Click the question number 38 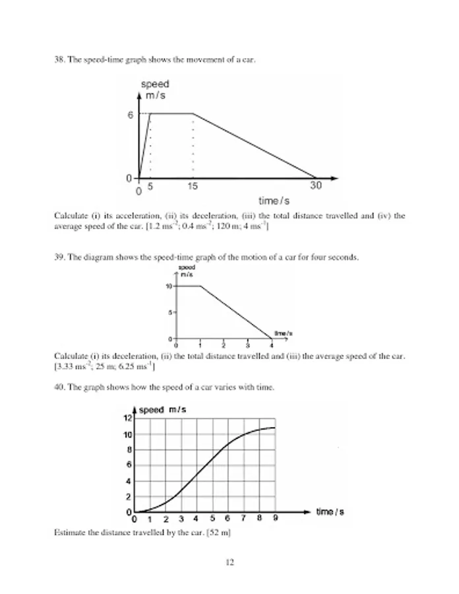tap(58, 61)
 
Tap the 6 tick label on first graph tap(131, 114)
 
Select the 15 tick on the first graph tap(192, 187)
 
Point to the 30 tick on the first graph tap(316, 187)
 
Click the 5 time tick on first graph tap(150, 187)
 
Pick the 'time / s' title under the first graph tap(274, 200)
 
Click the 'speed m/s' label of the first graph tap(155, 90)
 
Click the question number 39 tap(58, 257)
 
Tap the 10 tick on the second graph tap(169, 286)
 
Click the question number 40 tap(58, 387)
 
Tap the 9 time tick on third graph tap(275, 519)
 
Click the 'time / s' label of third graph tap(330, 511)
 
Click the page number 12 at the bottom tap(229, 563)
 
